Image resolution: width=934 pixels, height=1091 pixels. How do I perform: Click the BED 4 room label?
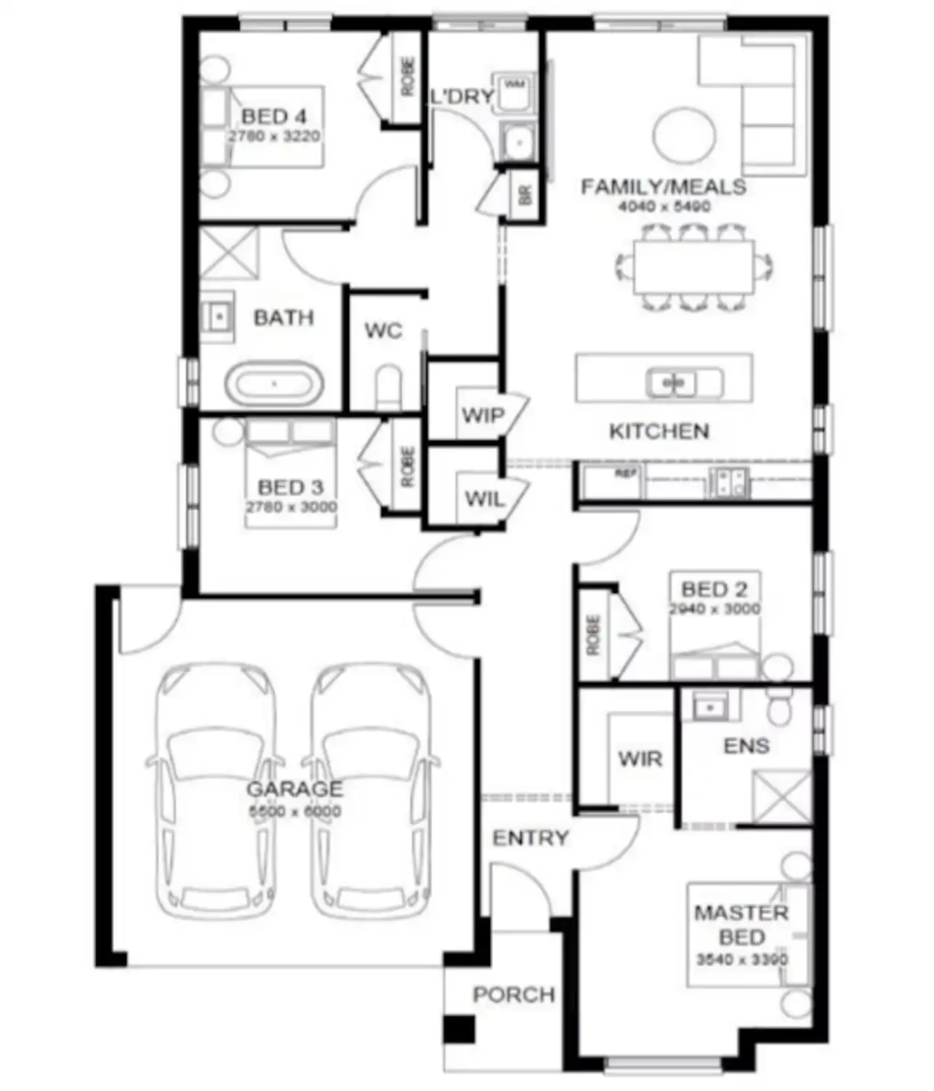click(x=273, y=116)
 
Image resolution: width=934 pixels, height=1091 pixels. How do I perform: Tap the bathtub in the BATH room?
click(x=274, y=383)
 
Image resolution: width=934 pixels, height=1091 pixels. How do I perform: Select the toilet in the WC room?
click(x=390, y=389)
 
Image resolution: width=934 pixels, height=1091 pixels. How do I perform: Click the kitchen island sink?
click(x=675, y=382)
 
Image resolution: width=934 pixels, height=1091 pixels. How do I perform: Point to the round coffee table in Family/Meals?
click(x=684, y=136)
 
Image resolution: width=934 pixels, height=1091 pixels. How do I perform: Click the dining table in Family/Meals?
click(x=693, y=267)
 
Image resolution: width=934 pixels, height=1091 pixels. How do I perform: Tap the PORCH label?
click(x=514, y=994)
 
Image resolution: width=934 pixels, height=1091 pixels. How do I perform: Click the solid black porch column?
click(x=459, y=1029)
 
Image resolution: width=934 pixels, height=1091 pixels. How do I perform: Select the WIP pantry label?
click(x=483, y=415)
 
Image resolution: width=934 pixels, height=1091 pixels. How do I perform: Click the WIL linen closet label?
click(x=484, y=499)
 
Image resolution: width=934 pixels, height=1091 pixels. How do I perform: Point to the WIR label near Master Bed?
click(x=640, y=759)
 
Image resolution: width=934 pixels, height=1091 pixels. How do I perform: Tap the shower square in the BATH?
click(x=228, y=252)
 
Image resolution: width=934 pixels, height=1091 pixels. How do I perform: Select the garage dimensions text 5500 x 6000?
click(x=295, y=811)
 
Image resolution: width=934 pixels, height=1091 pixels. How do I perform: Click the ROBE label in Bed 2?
click(x=594, y=635)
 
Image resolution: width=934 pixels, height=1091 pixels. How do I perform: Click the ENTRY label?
click(x=530, y=838)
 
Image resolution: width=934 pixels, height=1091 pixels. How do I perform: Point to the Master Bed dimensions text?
click(x=741, y=959)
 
